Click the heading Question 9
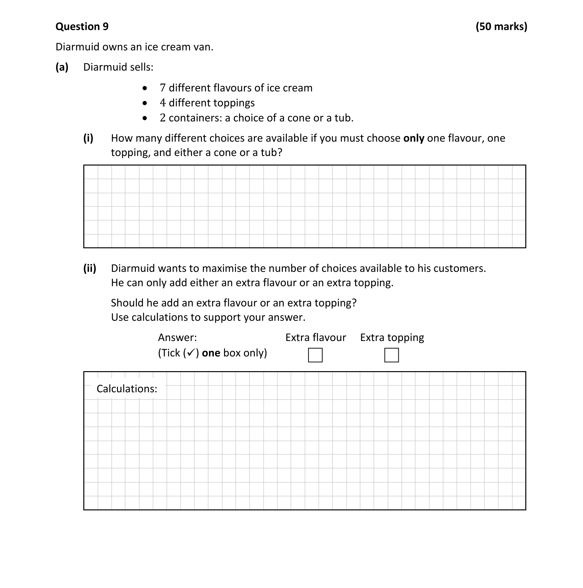click(82, 26)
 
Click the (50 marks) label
click(501, 26)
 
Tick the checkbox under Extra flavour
click(315, 355)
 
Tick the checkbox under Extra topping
click(391, 355)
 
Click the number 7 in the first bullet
click(162, 88)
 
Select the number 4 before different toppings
click(162, 103)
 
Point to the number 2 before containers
click(162, 118)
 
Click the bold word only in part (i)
click(413, 138)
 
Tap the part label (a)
click(62, 67)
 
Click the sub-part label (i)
click(88, 138)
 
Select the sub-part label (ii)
click(90, 268)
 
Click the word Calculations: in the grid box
click(127, 389)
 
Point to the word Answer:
click(177, 337)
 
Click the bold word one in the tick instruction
click(211, 353)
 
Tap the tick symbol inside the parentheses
click(190, 353)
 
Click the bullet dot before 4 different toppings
click(145, 103)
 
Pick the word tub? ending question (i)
click(271, 152)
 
